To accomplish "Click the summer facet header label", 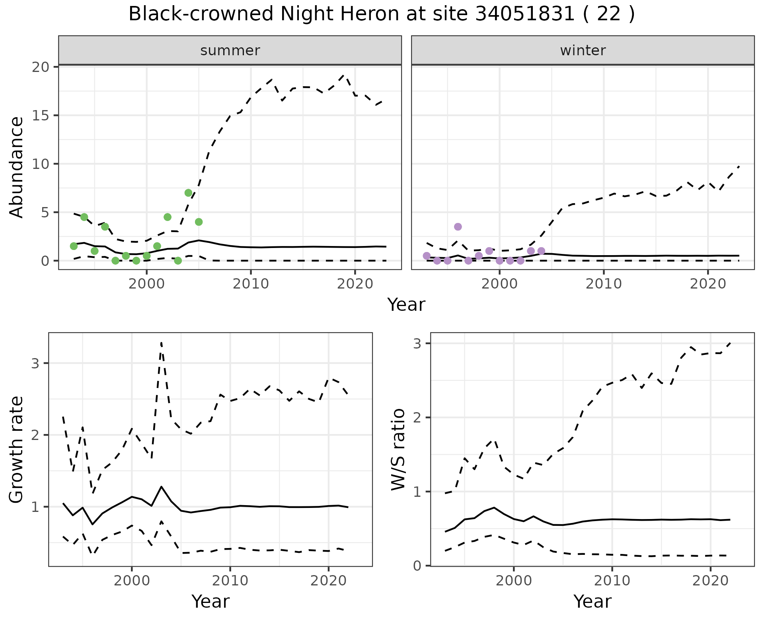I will pos(230,50).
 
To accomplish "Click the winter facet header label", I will pos(583,50).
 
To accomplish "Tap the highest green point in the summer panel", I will pos(189,193).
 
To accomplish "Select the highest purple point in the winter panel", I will pos(458,227).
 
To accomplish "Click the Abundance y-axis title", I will pos(16,167).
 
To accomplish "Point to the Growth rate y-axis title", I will pos(16,449).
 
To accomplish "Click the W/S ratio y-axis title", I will pos(398,449).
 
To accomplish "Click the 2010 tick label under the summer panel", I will pos(251,284).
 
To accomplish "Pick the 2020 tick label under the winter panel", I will pos(708,284).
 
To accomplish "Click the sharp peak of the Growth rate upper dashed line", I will pos(161,342).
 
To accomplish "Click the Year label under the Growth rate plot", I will pos(210,601).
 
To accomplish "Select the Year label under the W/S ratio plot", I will pos(592,601).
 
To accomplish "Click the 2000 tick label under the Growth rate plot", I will pos(132,581).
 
